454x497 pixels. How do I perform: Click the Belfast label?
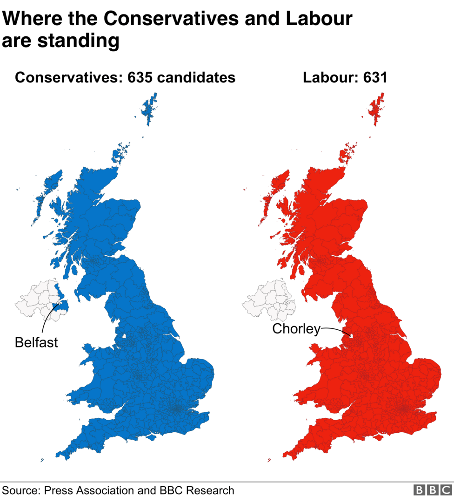point(36,342)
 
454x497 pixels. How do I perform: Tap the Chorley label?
point(296,329)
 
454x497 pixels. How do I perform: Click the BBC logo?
point(432,490)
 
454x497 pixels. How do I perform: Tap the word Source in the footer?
point(20,490)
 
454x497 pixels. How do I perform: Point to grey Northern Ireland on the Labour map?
point(267,300)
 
